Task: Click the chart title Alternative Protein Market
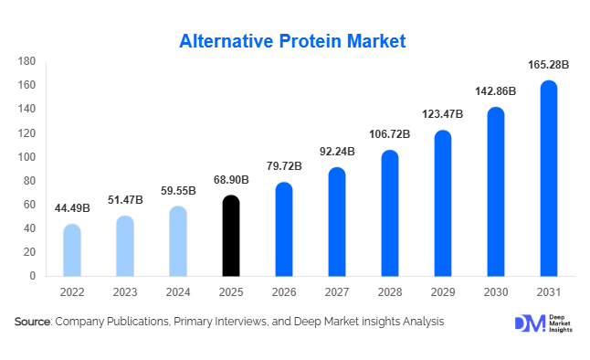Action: pos(292,41)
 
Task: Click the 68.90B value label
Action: pos(232,180)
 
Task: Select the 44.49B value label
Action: pos(71,209)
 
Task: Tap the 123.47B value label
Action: pos(442,115)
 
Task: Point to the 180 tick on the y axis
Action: pos(26,61)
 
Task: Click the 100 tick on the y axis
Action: pos(26,157)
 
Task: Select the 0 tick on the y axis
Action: pos(32,276)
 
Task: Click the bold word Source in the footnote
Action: pos(32,322)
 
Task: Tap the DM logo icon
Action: pos(529,323)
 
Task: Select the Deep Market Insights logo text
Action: pos(562,323)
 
